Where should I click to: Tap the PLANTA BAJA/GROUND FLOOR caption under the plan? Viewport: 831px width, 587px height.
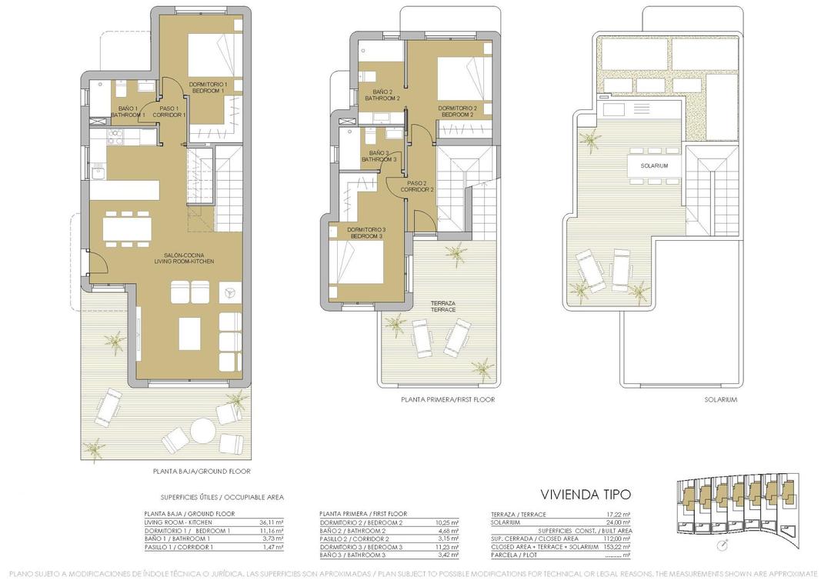pos(202,471)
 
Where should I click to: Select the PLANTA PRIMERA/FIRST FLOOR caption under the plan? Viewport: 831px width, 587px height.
pos(447,400)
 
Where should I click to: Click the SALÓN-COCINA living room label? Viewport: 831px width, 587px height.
pos(189,258)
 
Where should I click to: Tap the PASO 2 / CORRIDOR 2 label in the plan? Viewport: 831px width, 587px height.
pos(417,186)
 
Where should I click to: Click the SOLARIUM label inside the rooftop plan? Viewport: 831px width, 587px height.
pos(653,166)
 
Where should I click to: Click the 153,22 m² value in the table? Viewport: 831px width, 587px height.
pos(619,547)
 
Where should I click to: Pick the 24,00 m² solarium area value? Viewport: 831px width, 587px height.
pos(620,522)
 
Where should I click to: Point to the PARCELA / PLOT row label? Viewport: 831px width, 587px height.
pos(513,555)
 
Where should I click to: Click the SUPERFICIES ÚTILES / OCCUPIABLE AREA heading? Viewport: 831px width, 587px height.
pos(222,498)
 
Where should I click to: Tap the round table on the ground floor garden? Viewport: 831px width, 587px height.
pos(203,429)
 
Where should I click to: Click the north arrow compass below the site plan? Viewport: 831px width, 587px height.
pos(720,545)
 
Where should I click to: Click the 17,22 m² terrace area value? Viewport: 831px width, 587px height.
pos(619,514)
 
